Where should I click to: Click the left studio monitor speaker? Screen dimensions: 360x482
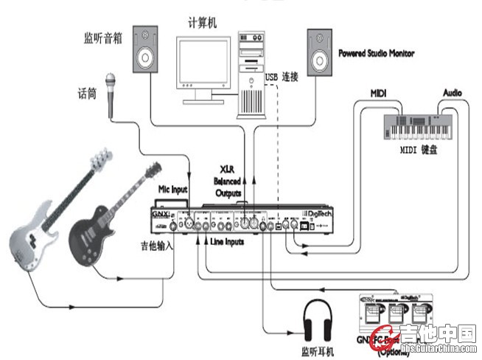click(147, 49)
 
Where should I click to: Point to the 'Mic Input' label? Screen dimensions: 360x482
click(175, 190)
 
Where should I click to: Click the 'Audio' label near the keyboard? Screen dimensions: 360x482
click(452, 93)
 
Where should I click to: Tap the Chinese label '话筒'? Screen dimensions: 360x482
click(88, 94)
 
